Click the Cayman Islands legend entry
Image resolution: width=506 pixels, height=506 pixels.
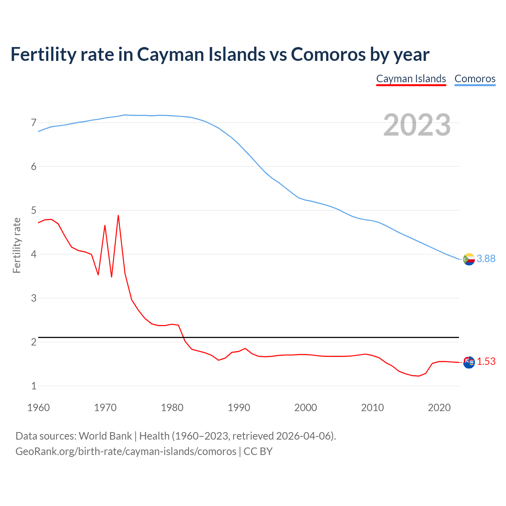click(x=411, y=79)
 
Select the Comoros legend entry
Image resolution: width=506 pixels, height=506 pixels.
click(x=475, y=79)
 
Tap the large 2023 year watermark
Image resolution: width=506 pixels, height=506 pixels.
click(x=417, y=125)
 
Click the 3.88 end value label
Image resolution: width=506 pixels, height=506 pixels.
click(x=486, y=259)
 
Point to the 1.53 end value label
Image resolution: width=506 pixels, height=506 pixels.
click(x=486, y=361)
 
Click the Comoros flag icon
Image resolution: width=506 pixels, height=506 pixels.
click(x=469, y=259)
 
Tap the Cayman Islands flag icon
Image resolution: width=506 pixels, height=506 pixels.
click(x=469, y=362)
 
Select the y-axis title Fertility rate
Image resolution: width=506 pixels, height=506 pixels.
click(x=17, y=245)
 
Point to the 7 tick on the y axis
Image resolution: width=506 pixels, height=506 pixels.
click(x=34, y=123)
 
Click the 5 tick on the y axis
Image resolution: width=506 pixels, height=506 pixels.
click(x=34, y=210)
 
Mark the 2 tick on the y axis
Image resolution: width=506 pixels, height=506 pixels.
click(x=34, y=342)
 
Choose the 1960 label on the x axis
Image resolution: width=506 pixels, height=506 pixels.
click(x=38, y=408)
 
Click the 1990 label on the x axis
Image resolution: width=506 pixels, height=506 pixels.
click(x=239, y=408)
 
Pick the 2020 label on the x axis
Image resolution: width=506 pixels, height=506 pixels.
click(x=439, y=408)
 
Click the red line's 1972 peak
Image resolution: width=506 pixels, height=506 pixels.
click(x=118, y=216)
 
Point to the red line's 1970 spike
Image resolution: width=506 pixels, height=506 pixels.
click(x=105, y=226)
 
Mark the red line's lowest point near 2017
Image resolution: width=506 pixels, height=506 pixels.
click(x=419, y=376)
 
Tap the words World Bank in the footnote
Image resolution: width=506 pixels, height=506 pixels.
click(x=105, y=436)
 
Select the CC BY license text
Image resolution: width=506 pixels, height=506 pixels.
click(x=258, y=451)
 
